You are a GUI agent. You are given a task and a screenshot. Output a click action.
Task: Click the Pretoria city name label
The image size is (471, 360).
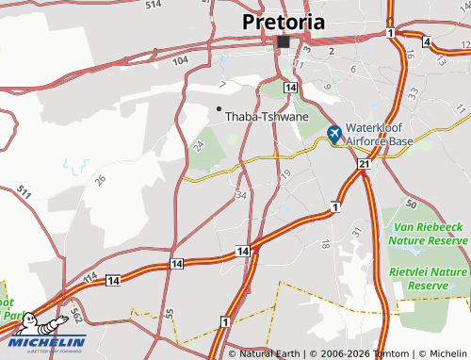(284, 22)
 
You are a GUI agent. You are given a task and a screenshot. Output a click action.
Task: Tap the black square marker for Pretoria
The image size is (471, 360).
(284, 42)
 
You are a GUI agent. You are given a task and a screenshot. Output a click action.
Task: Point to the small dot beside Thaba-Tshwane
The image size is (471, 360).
(219, 108)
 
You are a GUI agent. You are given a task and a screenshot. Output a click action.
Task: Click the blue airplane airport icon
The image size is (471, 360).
(335, 135)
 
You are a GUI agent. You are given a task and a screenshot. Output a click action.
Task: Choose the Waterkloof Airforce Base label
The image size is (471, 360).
(381, 135)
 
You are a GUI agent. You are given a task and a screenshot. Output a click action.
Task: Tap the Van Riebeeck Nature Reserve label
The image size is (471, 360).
(431, 234)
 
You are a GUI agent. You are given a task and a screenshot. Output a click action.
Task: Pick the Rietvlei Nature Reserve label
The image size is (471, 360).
(430, 277)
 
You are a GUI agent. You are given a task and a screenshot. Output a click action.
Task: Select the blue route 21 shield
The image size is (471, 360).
(364, 165)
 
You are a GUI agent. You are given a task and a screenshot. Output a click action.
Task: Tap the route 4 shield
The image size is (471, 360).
(427, 42)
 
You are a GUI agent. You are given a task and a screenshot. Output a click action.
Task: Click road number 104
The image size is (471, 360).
(181, 58)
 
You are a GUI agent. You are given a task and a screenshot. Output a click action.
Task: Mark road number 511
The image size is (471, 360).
(24, 194)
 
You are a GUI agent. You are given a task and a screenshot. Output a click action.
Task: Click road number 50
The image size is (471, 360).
(410, 204)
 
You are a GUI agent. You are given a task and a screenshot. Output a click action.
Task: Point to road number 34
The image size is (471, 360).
(242, 195)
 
